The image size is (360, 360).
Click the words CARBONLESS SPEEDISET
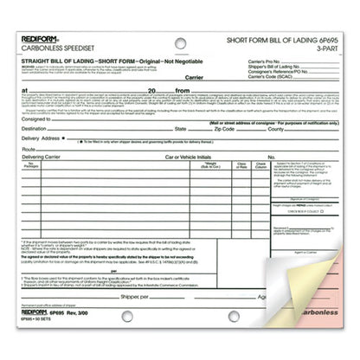point(50,48)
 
